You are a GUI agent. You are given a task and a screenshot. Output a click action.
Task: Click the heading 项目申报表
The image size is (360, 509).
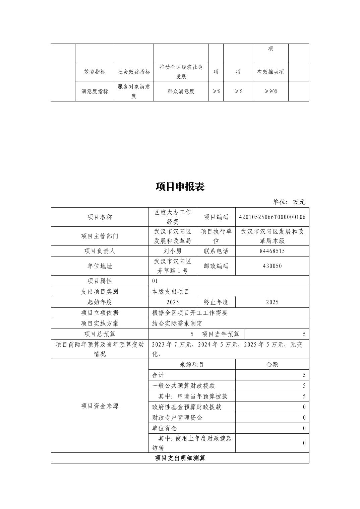point(180,187)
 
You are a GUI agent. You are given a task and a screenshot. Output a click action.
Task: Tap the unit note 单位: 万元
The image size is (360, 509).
point(289,202)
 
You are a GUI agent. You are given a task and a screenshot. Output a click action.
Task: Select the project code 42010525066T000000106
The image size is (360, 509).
point(272,217)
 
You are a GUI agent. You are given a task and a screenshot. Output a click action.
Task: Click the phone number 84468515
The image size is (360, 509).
point(272,251)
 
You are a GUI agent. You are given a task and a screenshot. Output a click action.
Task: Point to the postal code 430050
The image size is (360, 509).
point(272,266)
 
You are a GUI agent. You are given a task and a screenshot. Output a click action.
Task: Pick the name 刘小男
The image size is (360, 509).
point(172,251)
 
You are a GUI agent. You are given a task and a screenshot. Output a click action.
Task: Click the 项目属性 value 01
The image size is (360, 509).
point(155,281)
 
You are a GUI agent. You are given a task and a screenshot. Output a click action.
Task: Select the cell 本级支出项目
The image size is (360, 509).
point(171,292)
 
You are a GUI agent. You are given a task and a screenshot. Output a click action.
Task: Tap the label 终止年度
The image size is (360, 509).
point(216,302)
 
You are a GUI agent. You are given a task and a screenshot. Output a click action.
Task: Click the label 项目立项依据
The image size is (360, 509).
point(100,313)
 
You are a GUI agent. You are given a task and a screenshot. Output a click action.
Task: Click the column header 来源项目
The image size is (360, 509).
point(192,364)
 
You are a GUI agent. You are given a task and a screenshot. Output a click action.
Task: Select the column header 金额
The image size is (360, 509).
point(272,364)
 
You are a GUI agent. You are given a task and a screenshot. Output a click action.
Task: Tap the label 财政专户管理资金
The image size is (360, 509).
point(177,418)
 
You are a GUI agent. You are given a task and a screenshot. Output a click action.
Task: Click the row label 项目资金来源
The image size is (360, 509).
point(100,406)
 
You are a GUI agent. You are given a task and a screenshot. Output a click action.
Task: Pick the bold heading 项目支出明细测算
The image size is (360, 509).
point(180,458)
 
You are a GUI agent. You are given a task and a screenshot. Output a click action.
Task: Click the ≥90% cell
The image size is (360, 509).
point(271,91)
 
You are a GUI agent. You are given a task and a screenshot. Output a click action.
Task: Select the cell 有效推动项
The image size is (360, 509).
point(271,72)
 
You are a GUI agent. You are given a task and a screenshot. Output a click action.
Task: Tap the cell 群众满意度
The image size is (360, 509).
point(181,91)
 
